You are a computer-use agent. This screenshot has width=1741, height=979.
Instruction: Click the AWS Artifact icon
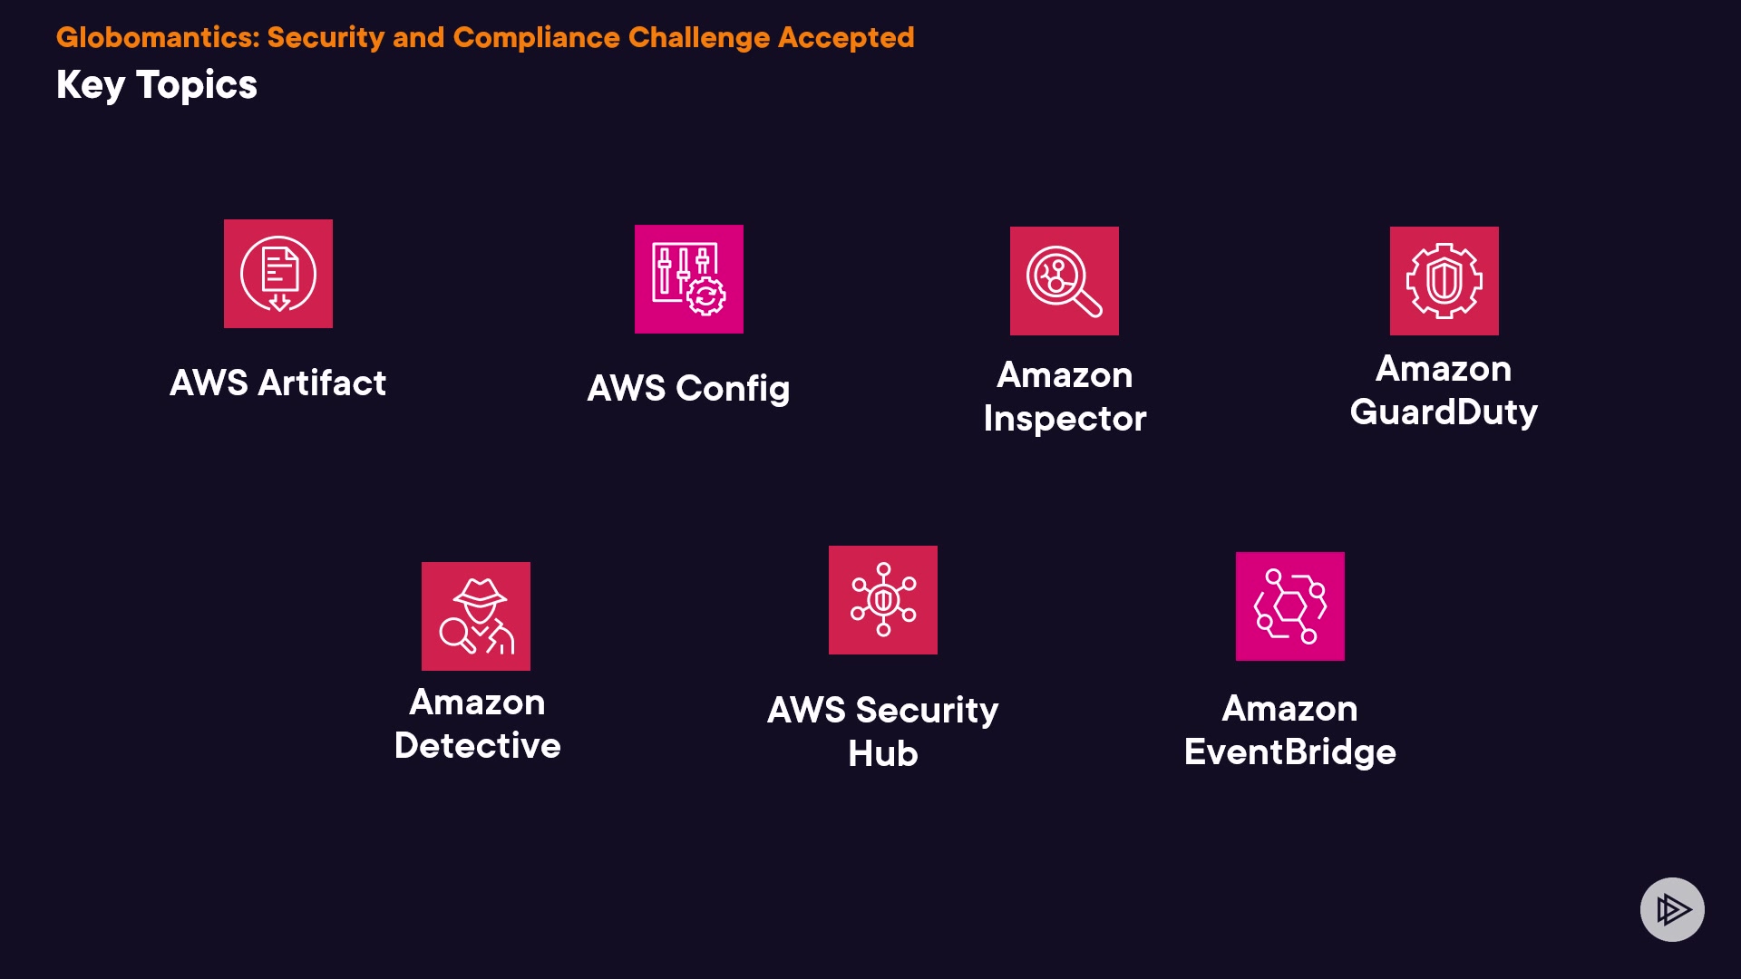(278, 274)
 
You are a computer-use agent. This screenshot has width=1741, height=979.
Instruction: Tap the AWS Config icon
(689, 279)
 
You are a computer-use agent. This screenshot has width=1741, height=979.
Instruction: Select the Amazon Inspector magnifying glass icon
(1065, 281)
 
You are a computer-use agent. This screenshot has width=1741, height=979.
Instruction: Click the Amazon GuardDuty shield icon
(1444, 281)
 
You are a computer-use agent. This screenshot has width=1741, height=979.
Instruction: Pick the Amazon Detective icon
(476, 616)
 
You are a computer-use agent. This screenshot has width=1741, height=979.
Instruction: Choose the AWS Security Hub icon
(883, 600)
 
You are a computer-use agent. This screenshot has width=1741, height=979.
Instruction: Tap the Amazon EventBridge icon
(1290, 606)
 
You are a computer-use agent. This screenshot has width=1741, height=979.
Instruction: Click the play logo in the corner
(1672, 909)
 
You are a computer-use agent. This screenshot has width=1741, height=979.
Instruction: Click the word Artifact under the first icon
(322, 383)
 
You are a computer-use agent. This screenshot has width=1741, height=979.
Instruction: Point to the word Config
(733, 389)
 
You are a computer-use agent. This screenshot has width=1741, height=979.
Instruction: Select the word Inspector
(1065, 419)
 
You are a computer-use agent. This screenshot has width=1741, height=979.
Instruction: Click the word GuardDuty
(1444, 412)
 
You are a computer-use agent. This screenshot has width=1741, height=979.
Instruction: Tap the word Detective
(478, 746)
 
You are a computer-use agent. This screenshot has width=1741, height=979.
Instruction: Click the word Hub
(883, 754)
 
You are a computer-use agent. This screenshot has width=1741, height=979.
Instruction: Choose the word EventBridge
(1290, 752)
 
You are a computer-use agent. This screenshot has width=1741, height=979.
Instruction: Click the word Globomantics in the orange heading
(158, 37)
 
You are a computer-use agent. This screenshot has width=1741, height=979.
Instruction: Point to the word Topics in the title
(197, 85)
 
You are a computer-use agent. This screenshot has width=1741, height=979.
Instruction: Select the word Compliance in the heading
(535, 37)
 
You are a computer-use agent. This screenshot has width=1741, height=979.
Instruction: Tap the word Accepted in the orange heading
(846, 37)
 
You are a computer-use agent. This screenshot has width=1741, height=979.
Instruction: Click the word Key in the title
(90, 85)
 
